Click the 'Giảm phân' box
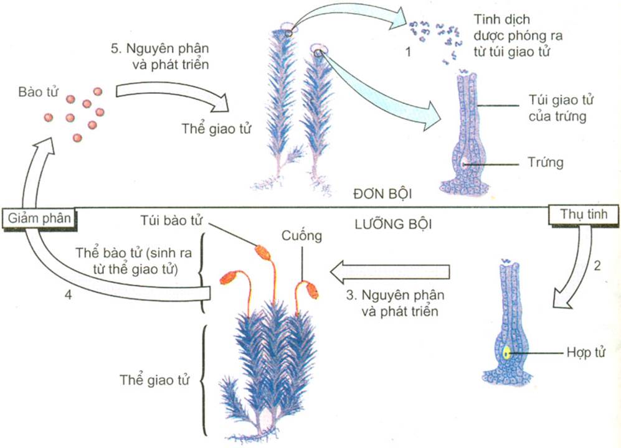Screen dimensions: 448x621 [39, 217]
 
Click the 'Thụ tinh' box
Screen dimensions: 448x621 [583, 215]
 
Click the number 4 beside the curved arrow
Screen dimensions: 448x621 [67, 295]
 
